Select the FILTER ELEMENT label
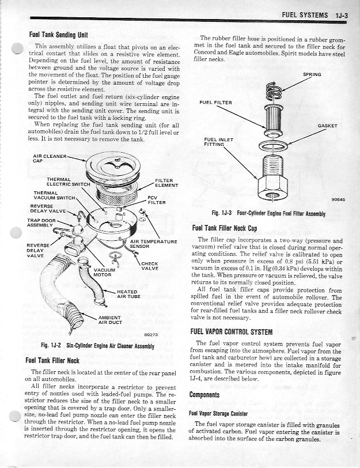[x=166, y=183]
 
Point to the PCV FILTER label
[x=156, y=200]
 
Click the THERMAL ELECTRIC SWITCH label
[x=65, y=182]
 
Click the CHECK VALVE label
[x=150, y=266]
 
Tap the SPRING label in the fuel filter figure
[x=312, y=74]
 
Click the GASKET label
[x=327, y=126]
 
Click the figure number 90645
[x=338, y=200]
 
